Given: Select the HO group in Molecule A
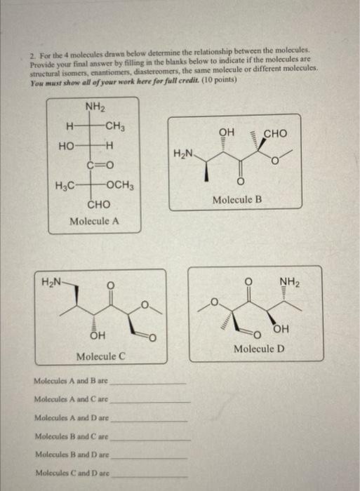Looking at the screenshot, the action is [67, 146].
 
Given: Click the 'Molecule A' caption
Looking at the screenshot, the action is [95, 221].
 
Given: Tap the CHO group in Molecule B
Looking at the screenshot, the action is [275, 133].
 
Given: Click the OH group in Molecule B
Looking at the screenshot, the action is [226, 132].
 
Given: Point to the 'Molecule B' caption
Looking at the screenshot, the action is [238, 200].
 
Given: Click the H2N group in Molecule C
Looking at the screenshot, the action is [53, 283].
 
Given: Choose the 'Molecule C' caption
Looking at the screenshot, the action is [101, 356].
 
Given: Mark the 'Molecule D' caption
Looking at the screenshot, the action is [260, 349].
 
